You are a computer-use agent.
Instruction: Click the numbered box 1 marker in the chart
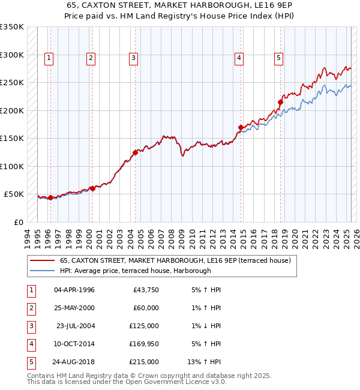[49, 58]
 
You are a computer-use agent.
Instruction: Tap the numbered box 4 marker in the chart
[239, 58]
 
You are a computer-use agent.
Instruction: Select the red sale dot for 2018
[280, 102]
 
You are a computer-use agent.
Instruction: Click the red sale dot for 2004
[135, 152]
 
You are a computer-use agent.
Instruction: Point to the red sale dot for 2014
[241, 127]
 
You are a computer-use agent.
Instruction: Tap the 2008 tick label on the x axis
[172, 237]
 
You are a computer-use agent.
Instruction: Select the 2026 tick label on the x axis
[356, 237]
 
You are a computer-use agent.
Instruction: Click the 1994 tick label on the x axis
[28, 237]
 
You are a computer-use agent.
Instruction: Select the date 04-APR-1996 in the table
[74, 290]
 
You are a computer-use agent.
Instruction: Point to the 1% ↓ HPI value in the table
[206, 326]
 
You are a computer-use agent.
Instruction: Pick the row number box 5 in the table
[29, 362]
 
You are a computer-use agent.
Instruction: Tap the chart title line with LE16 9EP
[180, 5]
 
